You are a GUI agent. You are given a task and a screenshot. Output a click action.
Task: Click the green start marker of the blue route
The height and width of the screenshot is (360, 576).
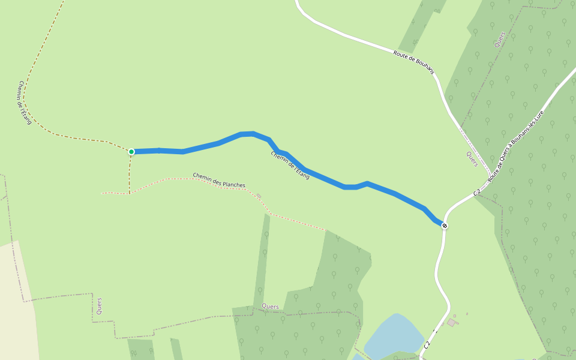coord(131,152)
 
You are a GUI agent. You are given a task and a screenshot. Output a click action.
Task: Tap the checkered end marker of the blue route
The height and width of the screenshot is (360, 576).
coord(444,226)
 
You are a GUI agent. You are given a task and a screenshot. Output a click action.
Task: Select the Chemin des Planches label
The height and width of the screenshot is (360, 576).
coord(219,180)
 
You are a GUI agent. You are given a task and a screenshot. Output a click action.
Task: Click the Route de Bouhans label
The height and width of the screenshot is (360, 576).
coord(413,62)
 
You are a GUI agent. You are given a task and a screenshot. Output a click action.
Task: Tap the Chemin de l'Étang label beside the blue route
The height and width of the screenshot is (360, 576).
coord(290,165)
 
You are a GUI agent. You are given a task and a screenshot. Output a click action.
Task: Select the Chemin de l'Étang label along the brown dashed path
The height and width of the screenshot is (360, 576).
coord(25,103)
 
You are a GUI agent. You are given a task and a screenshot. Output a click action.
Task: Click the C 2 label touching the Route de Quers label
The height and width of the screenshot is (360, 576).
coord(477,192)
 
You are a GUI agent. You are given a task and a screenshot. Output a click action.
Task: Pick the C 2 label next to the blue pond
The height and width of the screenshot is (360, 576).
coord(427,345)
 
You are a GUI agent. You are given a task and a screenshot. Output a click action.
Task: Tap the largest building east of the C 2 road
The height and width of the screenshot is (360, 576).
coord(451,323)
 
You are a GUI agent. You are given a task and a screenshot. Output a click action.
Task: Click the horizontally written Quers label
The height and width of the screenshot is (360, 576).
coord(270,307)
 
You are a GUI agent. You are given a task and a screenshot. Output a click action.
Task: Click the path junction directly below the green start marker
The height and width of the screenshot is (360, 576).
coord(129,193)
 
